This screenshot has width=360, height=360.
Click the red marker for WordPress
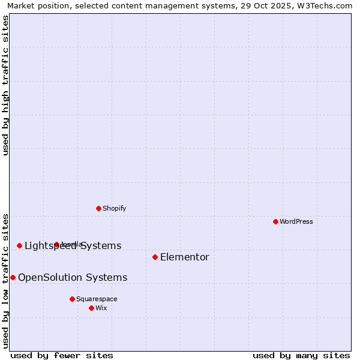click(275, 221)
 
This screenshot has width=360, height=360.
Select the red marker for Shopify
click(98, 208)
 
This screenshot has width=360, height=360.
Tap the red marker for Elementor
click(155, 257)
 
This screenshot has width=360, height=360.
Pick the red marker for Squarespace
click(72, 299)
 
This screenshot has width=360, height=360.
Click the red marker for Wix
click(91, 308)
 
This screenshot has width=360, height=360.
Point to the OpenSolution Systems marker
click(13, 277)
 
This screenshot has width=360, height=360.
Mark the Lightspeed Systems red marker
click(19, 245)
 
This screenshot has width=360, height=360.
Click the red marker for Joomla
click(56, 244)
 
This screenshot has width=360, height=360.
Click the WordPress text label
click(296, 221)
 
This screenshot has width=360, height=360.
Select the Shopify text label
click(115, 208)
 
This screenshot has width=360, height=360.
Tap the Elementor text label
click(185, 257)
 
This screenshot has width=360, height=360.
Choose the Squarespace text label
click(97, 299)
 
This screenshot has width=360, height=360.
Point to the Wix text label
click(101, 308)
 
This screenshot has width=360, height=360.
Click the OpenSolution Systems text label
click(73, 277)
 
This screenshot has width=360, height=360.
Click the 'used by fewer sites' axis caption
click(62, 355)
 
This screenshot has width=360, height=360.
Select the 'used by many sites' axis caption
click(301, 355)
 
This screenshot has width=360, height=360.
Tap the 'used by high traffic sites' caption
click(6, 85)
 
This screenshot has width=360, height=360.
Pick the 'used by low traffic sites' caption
click(6, 281)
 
